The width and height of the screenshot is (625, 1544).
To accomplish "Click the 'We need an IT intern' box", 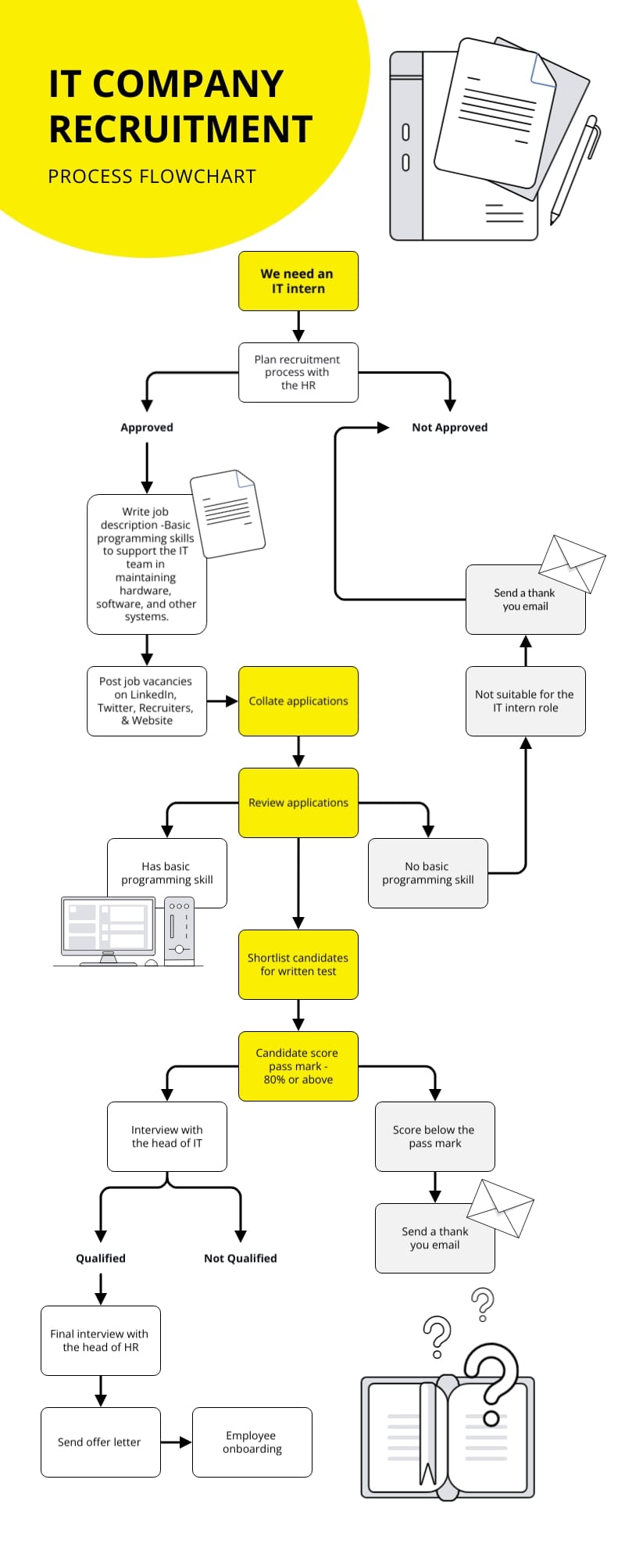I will tap(298, 281).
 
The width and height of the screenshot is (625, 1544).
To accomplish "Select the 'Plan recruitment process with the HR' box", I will tap(298, 372).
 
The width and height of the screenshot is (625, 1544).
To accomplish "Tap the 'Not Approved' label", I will tap(449, 428).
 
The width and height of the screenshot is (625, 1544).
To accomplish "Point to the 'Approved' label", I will tap(147, 428).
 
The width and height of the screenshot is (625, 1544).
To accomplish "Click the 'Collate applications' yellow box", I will tap(298, 700).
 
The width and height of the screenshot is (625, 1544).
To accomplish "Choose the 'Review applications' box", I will tap(298, 802).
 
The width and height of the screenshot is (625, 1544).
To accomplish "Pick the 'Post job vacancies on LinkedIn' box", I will tap(147, 700).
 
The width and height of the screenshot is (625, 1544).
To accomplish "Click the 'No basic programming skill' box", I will tap(427, 872).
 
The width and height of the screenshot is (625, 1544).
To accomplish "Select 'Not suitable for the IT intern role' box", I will tap(525, 700).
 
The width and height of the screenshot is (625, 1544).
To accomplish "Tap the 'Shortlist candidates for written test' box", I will tap(298, 964).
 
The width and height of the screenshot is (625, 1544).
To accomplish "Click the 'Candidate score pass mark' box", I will tap(298, 1066).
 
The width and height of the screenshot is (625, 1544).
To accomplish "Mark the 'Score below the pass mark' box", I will tap(434, 1136).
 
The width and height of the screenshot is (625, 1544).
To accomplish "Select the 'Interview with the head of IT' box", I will tap(166, 1136).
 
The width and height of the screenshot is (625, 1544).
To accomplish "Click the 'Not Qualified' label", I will tap(240, 1258).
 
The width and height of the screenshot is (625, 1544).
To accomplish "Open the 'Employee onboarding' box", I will tap(252, 1442).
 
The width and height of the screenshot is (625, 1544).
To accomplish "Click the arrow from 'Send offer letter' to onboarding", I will tap(176, 1442).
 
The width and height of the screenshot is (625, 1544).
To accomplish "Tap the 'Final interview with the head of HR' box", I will tap(100, 1340).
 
